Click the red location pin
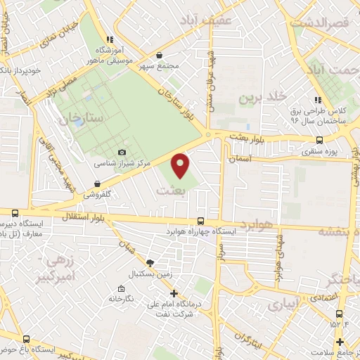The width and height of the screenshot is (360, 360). click(181, 165)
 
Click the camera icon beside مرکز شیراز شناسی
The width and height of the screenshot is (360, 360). click(122, 153)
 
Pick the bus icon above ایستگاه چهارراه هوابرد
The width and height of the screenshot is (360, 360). click(202, 221)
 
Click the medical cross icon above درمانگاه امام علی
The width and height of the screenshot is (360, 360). click(174, 294)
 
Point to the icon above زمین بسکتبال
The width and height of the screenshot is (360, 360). click(148, 262)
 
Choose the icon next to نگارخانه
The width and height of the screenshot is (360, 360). click(124, 288)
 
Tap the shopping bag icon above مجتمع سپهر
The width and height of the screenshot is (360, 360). click(160, 55)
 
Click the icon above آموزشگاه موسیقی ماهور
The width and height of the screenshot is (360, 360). click(110, 40)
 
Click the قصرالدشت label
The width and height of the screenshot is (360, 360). click(323, 24)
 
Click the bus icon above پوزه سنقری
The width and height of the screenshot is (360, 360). click(321, 139)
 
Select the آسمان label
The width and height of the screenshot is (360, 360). click(240, 160)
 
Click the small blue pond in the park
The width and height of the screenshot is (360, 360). click(79, 121)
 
